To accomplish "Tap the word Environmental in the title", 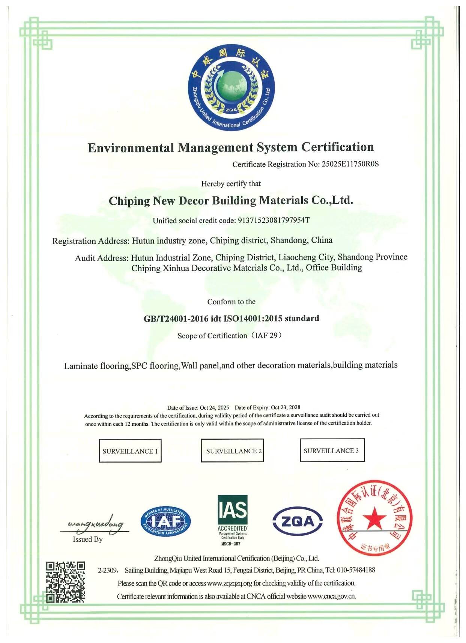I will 131,147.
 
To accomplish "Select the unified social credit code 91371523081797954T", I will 274,220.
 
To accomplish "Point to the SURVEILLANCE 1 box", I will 130,451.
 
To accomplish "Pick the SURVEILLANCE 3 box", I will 332,451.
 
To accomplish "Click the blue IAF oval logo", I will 166,521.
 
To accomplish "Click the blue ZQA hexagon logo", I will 298,521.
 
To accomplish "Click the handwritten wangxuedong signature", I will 95,524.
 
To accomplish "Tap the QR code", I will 65,581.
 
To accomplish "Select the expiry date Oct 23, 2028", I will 286,407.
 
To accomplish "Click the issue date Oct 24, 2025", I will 214,408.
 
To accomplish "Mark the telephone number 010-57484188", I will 356,570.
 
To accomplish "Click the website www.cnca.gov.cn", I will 332,596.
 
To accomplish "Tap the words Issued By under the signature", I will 87,539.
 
